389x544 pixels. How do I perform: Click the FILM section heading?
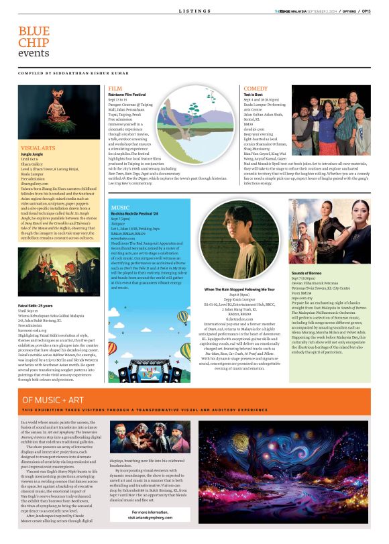click(115, 88)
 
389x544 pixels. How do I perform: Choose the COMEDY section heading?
click(256, 88)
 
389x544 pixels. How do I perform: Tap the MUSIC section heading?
click(121, 208)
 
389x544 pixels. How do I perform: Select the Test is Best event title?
click(254, 95)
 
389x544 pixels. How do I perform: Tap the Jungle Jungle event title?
click(33, 154)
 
